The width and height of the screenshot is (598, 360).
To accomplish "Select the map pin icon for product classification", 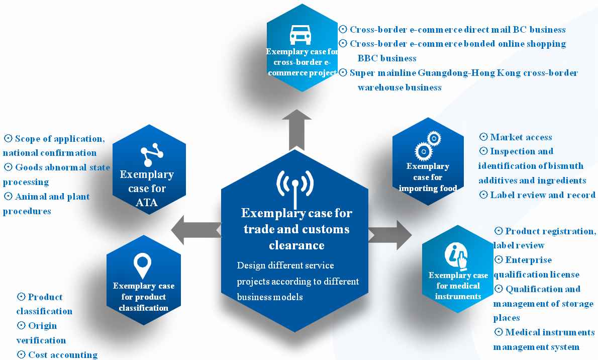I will (x=143, y=265).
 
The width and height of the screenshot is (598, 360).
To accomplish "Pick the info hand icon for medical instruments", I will (x=456, y=255).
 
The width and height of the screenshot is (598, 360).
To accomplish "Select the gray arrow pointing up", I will (x=296, y=129).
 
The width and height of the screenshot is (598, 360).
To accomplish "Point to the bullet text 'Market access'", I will (x=521, y=137).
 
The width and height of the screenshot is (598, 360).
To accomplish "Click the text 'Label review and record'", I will (x=543, y=195).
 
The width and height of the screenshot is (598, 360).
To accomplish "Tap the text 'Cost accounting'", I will (x=63, y=355).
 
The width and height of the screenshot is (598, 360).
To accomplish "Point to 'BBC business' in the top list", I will (x=387, y=58).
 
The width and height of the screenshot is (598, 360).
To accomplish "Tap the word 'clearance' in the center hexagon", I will (x=296, y=245).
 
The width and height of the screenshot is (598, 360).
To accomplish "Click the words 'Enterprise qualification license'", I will (x=536, y=267).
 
